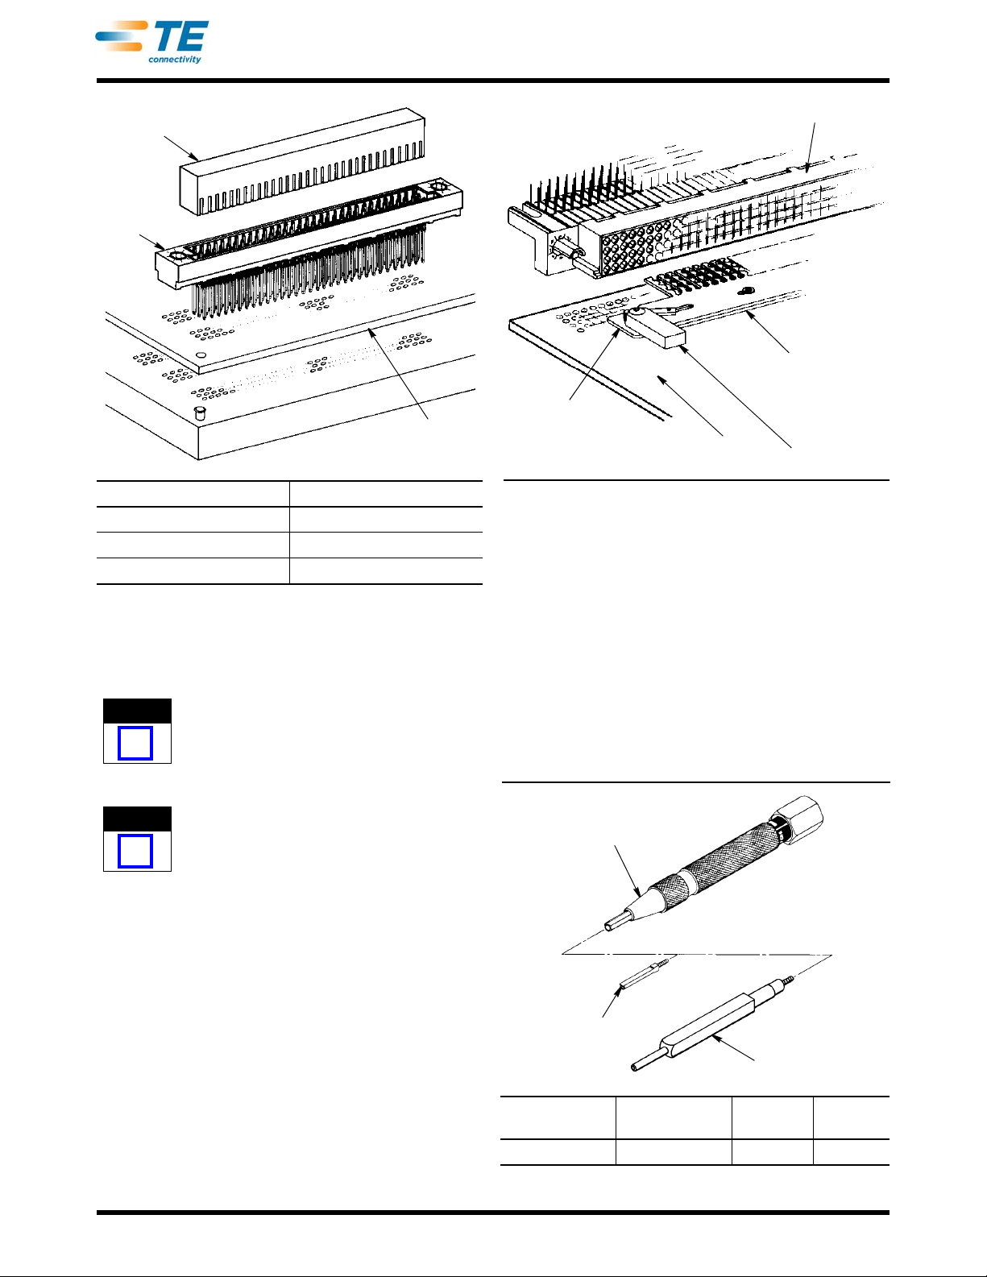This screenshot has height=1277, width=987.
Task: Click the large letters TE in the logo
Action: (179, 37)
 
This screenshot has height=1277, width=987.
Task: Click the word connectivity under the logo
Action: (175, 60)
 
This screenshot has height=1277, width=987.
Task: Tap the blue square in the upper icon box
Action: (135, 744)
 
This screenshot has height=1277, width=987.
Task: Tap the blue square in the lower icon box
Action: (135, 851)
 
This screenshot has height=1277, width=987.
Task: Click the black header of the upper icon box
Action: (138, 711)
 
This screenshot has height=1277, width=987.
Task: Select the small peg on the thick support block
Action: (199, 413)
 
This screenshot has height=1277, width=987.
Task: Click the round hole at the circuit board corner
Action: (201, 355)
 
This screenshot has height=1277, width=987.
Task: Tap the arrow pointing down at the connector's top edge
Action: (811, 147)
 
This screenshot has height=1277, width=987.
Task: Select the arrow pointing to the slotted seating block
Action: (181, 148)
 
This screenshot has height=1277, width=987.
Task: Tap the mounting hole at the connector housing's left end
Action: (176, 256)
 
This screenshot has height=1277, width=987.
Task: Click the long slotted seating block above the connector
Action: (303, 161)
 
